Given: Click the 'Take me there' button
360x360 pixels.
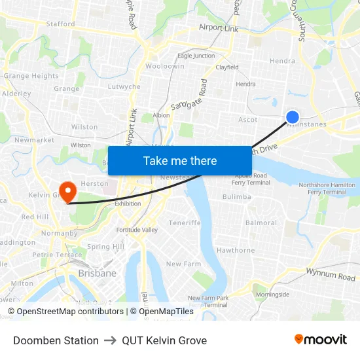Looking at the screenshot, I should click(180, 161).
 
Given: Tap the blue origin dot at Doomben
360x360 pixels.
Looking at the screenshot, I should click(293, 117).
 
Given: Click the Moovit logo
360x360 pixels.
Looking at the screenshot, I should click(321, 340).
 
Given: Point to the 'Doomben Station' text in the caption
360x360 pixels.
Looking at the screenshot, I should click(56, 340).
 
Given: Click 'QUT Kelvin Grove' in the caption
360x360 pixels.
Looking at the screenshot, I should click(164, 340).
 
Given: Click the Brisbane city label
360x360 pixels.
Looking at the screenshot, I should click(97, 273).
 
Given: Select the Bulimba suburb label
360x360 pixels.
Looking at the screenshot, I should click(236, 196).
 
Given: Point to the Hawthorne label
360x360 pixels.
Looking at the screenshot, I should click(236, 250).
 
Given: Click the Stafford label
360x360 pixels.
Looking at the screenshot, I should click(60, 24).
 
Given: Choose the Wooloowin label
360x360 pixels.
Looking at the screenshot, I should click(164, 66).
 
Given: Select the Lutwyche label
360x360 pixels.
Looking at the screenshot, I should click(124, 86).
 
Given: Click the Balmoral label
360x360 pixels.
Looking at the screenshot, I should click(261, 223).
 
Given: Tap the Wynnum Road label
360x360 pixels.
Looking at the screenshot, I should click(331, 274).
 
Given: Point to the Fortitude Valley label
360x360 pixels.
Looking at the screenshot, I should click(137, 230).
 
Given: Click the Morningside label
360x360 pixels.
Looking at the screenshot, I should click(272, 295).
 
